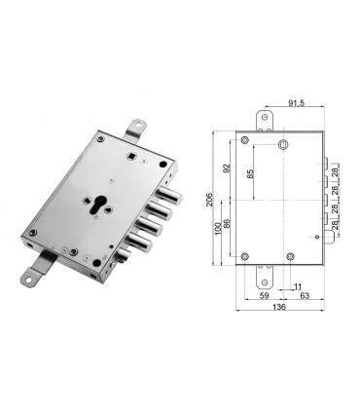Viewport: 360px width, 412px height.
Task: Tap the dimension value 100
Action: tap(215, 233)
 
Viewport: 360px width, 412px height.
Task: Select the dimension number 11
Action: tap(297, 286)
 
